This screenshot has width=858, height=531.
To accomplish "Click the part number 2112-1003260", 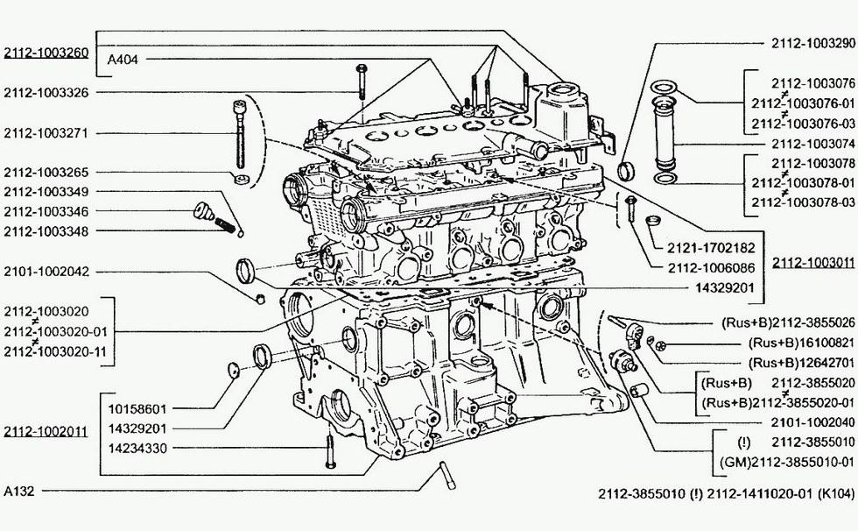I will coord(46,53).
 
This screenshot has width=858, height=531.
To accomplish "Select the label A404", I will coord(123,60).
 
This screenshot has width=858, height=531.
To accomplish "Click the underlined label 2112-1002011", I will coord(46,431).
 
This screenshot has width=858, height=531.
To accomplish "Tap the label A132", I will coord(18,491).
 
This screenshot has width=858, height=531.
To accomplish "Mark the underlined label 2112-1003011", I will coord(813,262).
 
